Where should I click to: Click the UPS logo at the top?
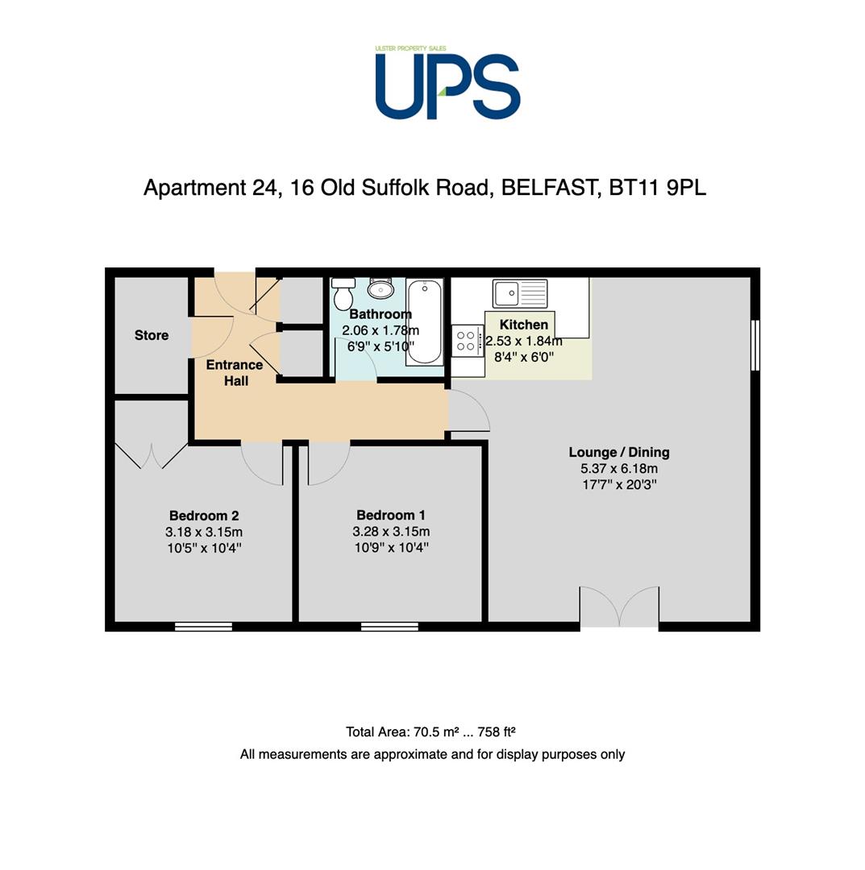click(x=447, y=83)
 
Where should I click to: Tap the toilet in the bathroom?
click(x=343, y=293)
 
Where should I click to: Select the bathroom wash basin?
click(x=381, y=288)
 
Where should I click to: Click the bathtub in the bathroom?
click(x=424, y=321)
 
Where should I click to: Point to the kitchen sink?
click(x=520, y=292)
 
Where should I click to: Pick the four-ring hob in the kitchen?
click(x=466, y=340)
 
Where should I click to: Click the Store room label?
click(x=152, y=335)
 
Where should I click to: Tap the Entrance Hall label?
click(x=235, y=372)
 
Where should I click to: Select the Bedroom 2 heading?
click(x=204, y=516)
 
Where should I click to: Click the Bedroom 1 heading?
click(x=391, y=515)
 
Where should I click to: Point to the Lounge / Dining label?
click(x=619, y=452)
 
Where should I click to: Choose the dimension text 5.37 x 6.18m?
click(x=619, y=468)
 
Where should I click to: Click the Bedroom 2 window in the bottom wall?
click(x=203, y=627)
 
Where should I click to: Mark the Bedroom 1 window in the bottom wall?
click(x=389, y=627)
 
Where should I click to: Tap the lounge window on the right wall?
click(x=755, y=345)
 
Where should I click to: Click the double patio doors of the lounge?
click(x=620, y=607)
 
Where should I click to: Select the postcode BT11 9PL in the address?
click(x=658, y=188)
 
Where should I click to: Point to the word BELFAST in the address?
click(x=548, y=188)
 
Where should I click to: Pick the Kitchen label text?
click(x=523, y=325)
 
